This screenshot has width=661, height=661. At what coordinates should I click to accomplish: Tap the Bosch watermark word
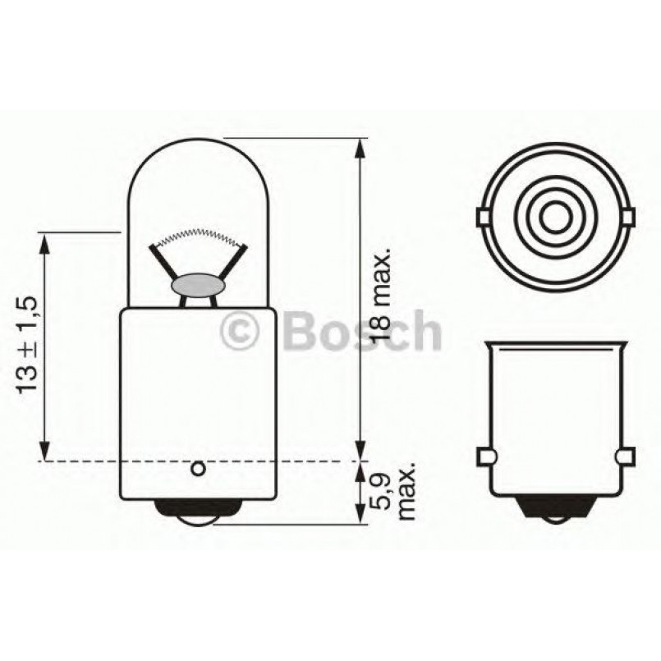[x=361, y=331]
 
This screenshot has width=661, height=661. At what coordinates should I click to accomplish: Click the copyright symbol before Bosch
[x=241, y=332]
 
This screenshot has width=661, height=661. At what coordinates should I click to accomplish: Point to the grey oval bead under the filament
[x=197, y=285]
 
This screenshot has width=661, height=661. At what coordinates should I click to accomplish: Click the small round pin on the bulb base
[x=197, y=469]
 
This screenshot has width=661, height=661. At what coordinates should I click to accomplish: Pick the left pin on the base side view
[x=485, y=457]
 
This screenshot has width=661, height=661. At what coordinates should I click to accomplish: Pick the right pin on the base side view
[x=627, y=457]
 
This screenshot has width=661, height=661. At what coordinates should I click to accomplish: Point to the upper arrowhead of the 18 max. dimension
[x=360, y=149]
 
